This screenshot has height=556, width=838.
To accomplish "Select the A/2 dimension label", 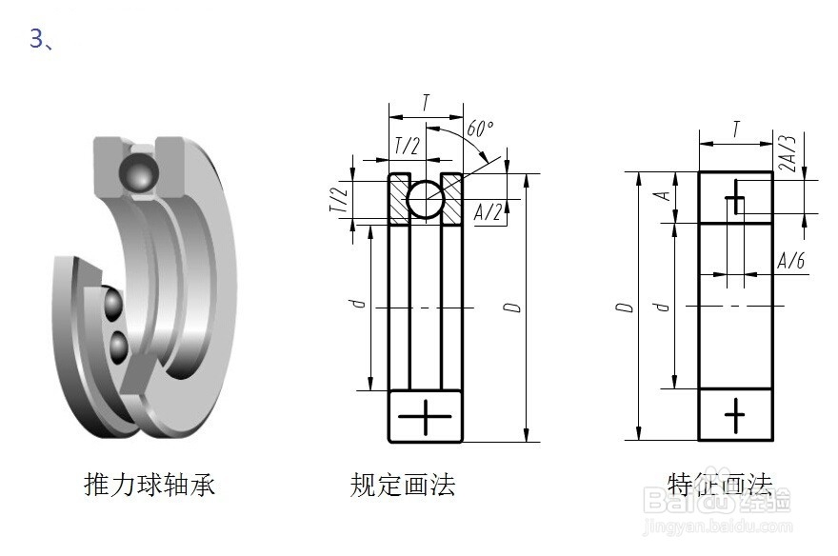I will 488,211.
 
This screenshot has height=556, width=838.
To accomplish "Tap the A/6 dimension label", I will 790,261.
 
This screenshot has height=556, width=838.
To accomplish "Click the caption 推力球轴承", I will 150,485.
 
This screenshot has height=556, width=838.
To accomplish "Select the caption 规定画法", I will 403,485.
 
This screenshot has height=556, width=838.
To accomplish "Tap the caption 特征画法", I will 720,485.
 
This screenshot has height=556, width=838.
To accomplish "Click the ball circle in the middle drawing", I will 425,198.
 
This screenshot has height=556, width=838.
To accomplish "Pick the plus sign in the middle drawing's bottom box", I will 425,416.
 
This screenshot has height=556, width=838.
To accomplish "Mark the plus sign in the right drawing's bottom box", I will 735,414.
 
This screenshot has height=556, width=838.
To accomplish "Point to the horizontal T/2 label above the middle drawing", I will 407,146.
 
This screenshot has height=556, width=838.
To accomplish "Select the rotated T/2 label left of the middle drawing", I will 337,198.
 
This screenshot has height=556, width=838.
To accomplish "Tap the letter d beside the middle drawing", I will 357,305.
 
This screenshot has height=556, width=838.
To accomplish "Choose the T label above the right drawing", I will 736,129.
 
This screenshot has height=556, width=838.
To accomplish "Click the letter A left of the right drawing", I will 665,196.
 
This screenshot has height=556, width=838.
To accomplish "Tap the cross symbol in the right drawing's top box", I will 735,201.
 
